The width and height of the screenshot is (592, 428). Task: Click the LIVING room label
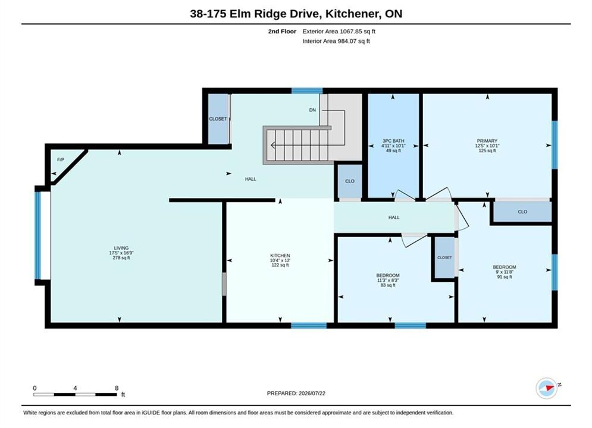tap(121, 248)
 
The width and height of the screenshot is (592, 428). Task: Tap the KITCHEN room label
tap(280, 256)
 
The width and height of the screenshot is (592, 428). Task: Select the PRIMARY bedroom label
tap(487, 141)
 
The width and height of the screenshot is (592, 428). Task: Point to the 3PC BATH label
tap(393, 141)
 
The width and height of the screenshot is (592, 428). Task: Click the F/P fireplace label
tap(61, 159)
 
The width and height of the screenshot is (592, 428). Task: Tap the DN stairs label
tap(312, 110)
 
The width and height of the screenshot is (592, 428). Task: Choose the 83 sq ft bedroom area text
tap(388, 285)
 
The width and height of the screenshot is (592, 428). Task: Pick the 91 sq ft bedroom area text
tap(505, 277)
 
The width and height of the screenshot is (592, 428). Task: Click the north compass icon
tap(547, 388)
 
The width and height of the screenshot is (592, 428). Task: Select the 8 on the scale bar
tap(117, 388)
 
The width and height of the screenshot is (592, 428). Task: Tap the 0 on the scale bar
tap(35, 388)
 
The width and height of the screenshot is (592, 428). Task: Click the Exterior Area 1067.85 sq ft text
tap(339, 32)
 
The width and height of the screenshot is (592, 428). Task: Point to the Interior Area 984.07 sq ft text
tap(336, 41)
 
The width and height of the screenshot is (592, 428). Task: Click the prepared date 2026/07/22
tap(312, 394)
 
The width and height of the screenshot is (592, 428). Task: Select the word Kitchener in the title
tap(353, 14)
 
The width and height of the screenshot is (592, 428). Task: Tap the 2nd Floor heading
tap(282, 32)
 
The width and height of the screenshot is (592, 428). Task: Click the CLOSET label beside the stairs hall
tap(218, 119)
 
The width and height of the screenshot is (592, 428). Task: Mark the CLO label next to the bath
tap(350, 181)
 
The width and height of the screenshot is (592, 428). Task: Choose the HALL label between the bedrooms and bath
tap(394, 218)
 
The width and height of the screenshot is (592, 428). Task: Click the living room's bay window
tap(37, 235)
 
